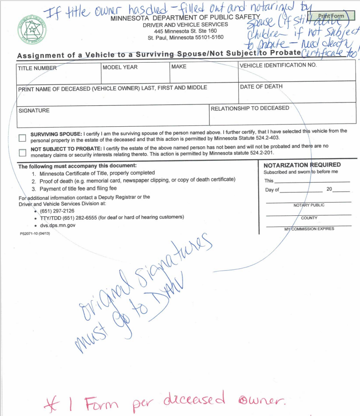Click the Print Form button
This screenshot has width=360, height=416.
331,16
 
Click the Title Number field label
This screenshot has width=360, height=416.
37,68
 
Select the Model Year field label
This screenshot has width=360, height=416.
120,67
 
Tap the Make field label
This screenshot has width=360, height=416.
179,67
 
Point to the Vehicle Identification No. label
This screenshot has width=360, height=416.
278,65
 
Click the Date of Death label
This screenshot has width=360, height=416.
261,86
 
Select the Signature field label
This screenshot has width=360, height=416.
34,110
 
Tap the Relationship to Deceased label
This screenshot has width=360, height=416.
250,108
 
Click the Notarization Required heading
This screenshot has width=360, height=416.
302,165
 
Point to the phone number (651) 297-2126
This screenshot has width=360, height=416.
57,211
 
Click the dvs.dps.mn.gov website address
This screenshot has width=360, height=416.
58,224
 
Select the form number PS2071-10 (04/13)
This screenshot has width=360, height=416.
35,233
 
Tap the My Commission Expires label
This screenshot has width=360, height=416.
309,228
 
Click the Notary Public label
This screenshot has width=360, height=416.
309,205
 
